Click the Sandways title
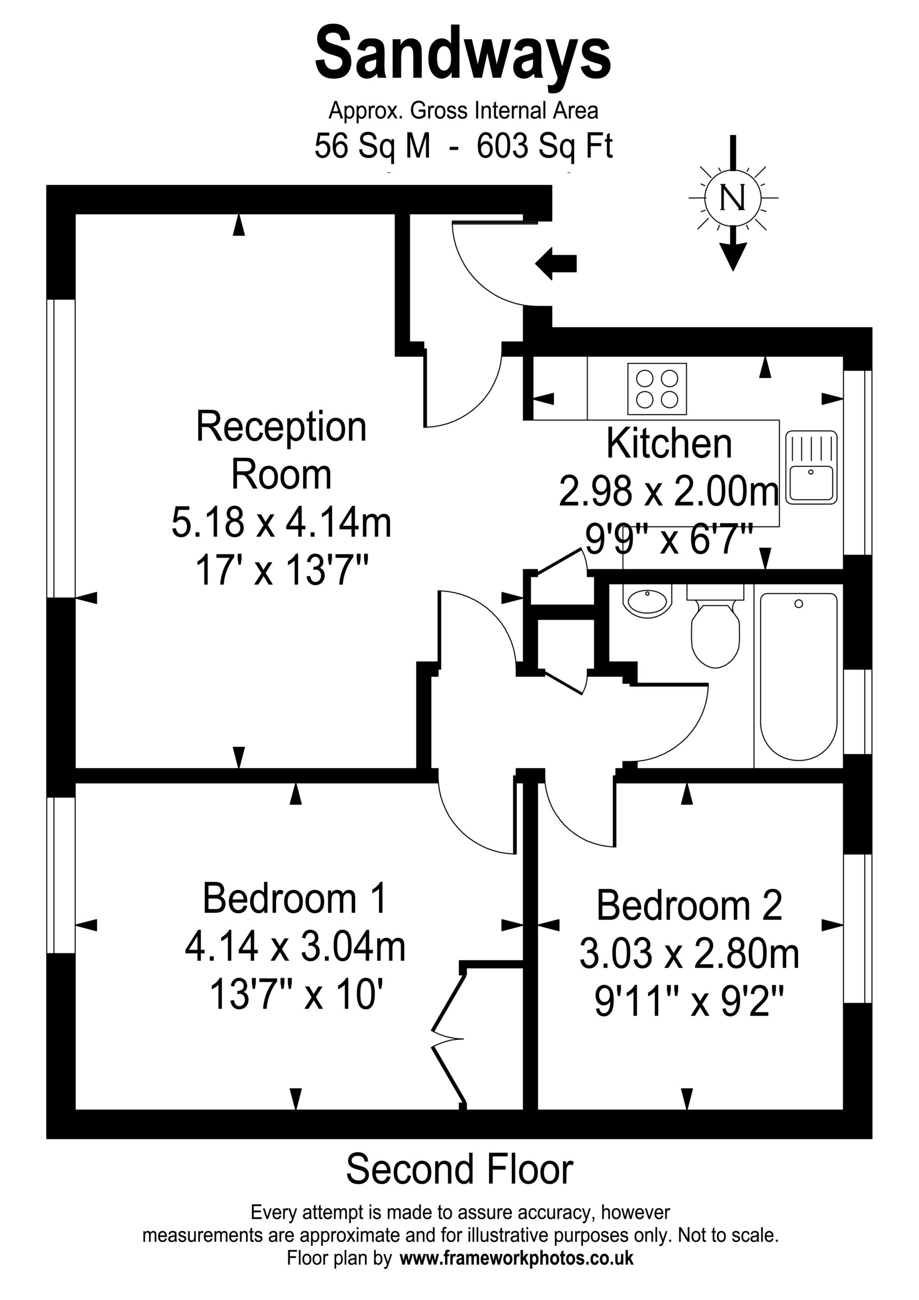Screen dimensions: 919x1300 [463, 56]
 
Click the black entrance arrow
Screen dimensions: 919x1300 [555, 263]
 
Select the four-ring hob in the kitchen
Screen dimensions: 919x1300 [657, 388]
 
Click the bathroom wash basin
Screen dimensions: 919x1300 [647, 601]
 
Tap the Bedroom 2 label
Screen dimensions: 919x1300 [689, 905]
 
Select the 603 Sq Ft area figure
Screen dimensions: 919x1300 [545, 147]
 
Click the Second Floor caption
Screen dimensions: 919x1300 [459, 1170]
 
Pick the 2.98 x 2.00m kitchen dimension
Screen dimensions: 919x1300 [669, 491]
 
